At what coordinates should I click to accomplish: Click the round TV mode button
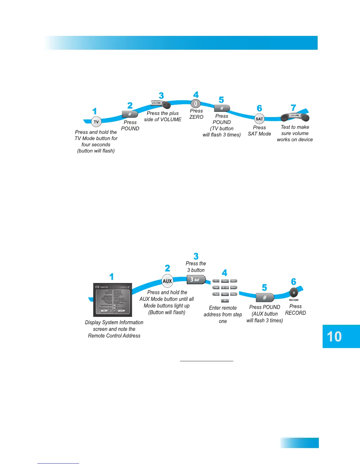coord(96,122)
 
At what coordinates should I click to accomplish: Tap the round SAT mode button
coord(259,119)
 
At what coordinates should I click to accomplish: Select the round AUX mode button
coord(167,281)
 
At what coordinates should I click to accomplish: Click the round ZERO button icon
coord(196,104)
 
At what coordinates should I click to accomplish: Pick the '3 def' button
coord(196,279)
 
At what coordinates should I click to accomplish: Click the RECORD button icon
coord(294,293)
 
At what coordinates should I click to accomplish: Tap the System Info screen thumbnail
coord(113,300)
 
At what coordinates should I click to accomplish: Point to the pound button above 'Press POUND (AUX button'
coord(265,298)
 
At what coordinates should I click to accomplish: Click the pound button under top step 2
coord(130,114)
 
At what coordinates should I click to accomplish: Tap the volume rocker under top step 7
coord(295,117)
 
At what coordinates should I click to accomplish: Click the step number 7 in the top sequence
coord(293,108)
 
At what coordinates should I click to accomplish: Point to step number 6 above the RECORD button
coord(294,282)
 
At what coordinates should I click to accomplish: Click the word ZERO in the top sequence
coord(196,117)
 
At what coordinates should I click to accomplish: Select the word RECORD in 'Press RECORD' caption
coord(295,313)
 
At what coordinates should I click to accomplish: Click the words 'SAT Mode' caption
coord(259,134)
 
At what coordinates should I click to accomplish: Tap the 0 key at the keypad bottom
coord(225,300)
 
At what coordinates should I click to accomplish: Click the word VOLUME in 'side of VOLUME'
coord(171,119)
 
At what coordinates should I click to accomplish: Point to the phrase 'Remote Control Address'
coord(114,336)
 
